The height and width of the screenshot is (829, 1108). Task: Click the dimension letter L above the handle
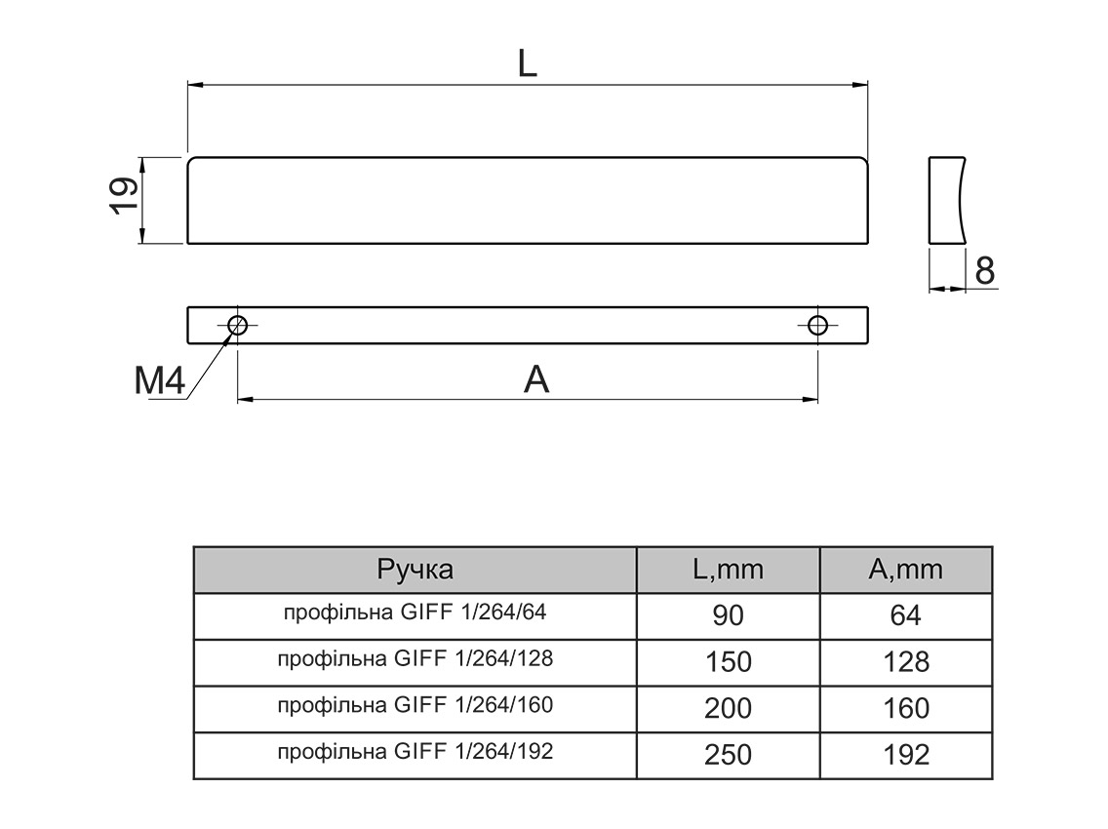click(x=527, y=63)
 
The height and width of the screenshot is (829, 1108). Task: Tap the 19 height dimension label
click(x=122, y=198)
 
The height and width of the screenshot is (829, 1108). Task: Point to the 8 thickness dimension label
click(x=985, y=270)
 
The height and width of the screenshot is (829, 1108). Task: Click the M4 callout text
click(x=160, y=381)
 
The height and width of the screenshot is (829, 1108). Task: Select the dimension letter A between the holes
click(x=536, y=379)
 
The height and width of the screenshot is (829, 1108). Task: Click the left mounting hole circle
click(x=237, y=325)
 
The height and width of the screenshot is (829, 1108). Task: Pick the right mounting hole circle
click(x=817, y=325)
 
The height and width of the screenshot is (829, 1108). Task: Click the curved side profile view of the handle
click(x=946, y=199)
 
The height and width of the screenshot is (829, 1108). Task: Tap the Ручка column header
click(x=415, y=570)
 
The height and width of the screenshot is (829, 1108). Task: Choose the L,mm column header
click(x=728, y=570)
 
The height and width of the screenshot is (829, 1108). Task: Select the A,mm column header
click(x=906, y=570)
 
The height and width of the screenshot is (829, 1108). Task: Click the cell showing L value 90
click(x=728, y=615)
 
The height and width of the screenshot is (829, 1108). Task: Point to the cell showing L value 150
click(x=728, y=661)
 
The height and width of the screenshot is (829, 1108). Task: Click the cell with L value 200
click(x=728, y=707)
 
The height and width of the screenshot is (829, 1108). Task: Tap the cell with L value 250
click(x=728, y=754)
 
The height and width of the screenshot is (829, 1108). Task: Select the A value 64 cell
click(x=906, y=615)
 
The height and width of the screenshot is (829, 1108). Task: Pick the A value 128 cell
click(x=906, y=661)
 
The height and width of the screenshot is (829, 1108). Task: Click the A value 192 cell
click(x=906, y=754)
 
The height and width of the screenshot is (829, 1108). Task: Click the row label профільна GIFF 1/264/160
click(x=415, y=704)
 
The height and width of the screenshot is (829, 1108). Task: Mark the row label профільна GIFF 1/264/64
click(x=415, y=612)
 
